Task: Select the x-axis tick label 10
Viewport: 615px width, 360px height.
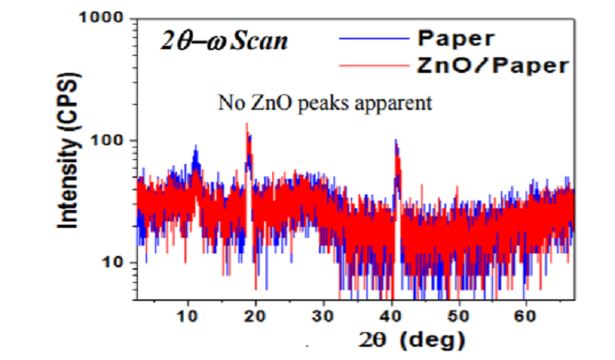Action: (x=189, y=315)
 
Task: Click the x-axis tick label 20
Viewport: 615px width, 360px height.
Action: (x=256, y=315)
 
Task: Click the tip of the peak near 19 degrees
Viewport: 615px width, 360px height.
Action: (x=247, y=124)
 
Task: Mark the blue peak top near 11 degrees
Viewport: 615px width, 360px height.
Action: (x=196, y=146)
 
